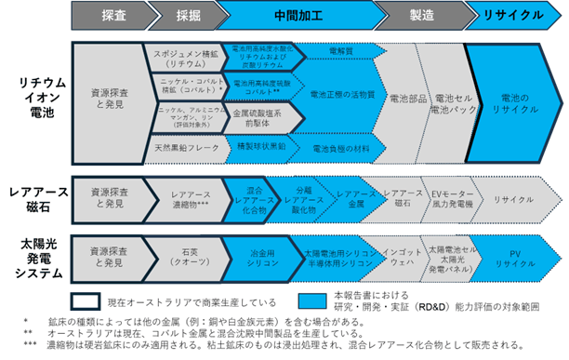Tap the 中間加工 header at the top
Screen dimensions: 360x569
tap(294, 16)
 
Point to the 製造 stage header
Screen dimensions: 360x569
tap(417, 16)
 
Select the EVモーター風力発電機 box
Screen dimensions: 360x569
tap(451, 199)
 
